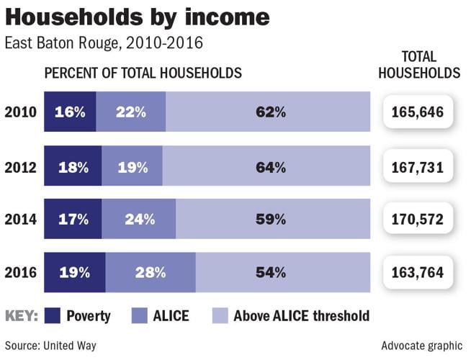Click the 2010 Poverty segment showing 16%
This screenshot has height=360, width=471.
click(x=70, y=112)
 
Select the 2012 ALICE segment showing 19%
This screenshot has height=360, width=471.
click(x=132, y=168)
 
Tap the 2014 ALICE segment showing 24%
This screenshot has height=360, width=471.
click(x=138, y=219)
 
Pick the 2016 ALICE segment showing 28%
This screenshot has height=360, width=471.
click(x=149, y=272)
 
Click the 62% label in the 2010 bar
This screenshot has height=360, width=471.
click(x=271, y=112)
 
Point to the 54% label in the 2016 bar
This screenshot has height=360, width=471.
click(x=271, y=272)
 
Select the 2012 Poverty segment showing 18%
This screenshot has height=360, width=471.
click(x=73, y=168)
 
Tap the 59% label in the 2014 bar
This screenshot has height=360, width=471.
click(x=271, y=219)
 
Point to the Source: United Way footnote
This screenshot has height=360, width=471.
click(x=50, y=346)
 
